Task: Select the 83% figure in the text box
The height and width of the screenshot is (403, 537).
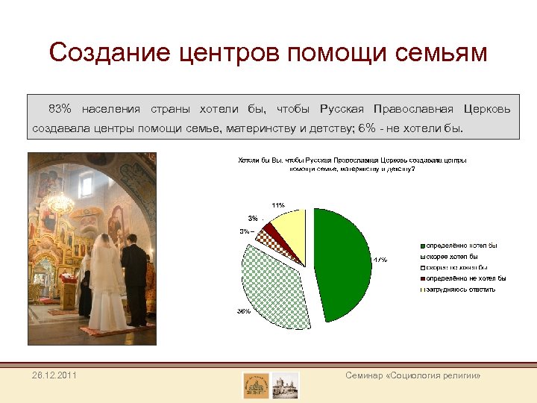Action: point(60,109)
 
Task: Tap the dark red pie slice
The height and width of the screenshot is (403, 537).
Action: point(273,233)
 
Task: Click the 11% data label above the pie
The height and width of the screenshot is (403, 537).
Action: point(278,204)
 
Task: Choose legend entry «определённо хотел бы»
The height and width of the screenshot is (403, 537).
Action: point(461,246)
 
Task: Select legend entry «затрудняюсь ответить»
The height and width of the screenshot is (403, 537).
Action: point(460,289)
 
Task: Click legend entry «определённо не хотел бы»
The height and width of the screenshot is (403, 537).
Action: point(465,278)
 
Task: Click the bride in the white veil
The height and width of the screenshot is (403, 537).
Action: point(106,284)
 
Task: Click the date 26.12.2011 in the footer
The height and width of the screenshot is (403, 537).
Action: point(54,375)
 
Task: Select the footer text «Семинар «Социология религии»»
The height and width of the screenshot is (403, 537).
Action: point(412,375)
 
